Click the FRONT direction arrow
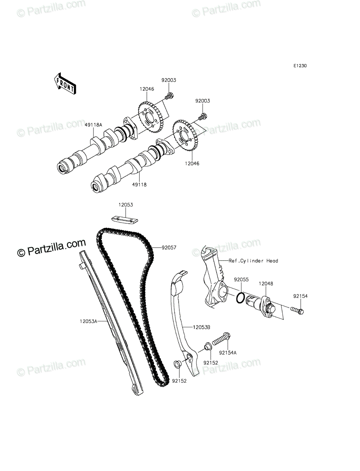[x=65, y=84]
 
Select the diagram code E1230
[x=300, y=66]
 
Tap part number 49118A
[x=93, y=125]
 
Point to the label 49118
[x=139, y=184]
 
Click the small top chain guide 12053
[x=125, y=220]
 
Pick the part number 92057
[x=169, y=248]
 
